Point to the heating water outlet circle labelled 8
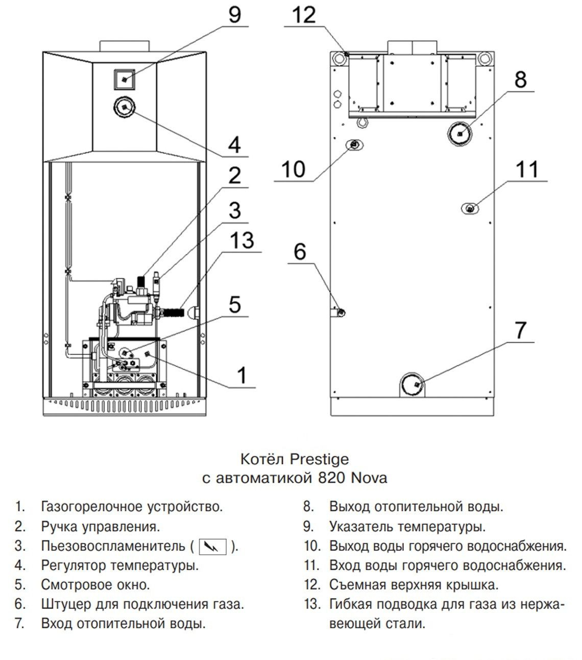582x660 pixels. (460, 134)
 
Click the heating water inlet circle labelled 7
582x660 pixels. (414, 384)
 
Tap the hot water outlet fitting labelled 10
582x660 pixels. (354, 145)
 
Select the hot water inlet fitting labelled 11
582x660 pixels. (470, 208)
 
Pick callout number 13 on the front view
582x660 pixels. (241, 240)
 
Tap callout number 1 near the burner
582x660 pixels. (241, 375)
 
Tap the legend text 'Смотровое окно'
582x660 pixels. (95, 584)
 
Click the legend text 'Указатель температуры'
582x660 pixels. (407, 526)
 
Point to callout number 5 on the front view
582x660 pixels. (234, 304)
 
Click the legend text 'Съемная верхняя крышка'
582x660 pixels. (414, 584)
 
